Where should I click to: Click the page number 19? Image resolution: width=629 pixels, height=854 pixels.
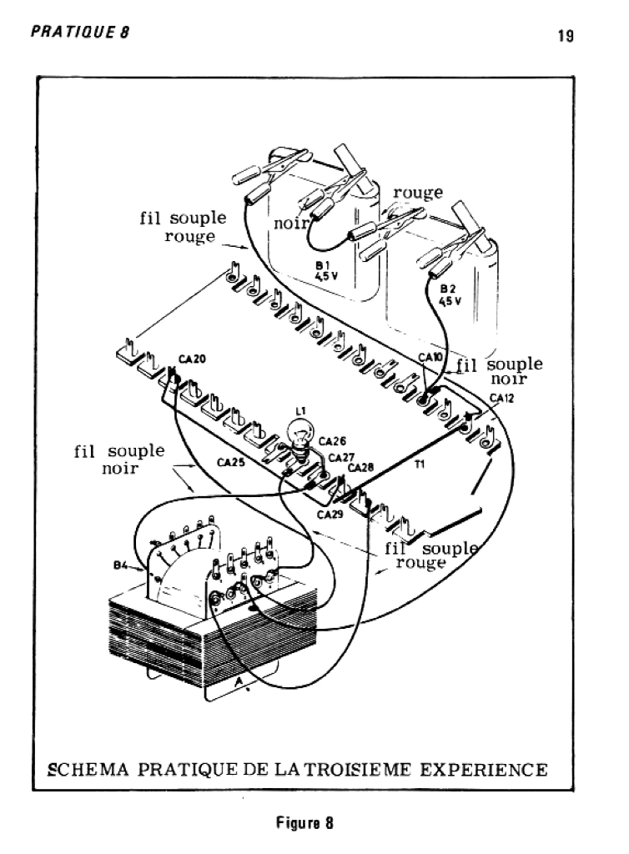click(x=566, y=36)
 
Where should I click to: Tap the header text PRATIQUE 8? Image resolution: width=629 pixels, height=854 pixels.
click(x=80, y=33)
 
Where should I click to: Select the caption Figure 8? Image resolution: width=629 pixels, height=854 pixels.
click(x=304, y=822)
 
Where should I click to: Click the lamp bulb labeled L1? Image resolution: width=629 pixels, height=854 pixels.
click(x=300, y=435)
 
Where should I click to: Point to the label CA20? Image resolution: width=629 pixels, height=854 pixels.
click(x=192, y=359)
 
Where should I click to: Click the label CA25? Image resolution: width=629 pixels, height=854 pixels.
click(x=231, y=463)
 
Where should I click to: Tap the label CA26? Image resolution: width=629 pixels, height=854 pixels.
click(x=332, y=441)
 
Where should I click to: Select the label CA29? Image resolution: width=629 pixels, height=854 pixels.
click(x=330, y=514)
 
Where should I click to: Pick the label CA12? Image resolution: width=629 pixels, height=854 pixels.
click(x=501, y=398)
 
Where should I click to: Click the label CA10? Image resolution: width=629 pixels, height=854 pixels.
click(x=430, y=357)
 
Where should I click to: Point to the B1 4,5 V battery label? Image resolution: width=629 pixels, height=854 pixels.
click(x=326, y=270)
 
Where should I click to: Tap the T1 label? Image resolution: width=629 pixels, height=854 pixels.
click(x=420, y=465)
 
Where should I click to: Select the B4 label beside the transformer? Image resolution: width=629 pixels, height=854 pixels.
click(x=120, y=565)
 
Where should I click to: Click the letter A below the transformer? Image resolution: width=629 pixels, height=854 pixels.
click(x=238, y=681)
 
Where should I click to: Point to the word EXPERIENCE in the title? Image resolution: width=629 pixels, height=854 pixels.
click(x=484, y=770)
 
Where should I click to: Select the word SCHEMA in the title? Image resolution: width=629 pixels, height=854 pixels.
click(x=88, y=770)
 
